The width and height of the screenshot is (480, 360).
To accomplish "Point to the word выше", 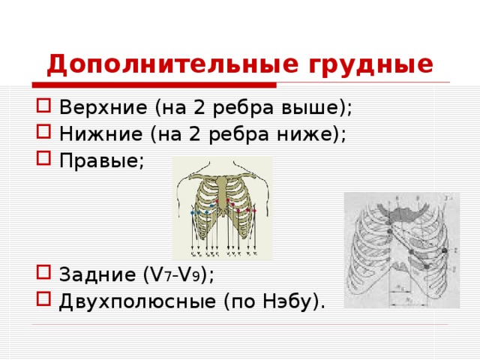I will pos(318,107).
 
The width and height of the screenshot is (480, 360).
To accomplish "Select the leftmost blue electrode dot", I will pos(193,213).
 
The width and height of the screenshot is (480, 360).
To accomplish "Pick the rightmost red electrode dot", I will pos(256,211).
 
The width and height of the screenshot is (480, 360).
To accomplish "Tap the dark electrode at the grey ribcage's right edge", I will pos(445,249).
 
